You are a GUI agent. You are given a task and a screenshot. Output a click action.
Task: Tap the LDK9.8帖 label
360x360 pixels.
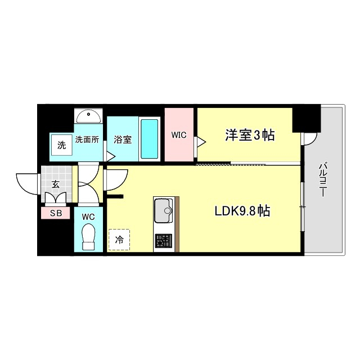coord(242,211)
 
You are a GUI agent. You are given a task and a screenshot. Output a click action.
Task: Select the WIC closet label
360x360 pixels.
coord(179,135)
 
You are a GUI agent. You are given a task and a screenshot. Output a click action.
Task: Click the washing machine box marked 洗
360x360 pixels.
coord(61,144)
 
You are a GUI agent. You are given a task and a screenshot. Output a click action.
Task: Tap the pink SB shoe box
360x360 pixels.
coord(55,213)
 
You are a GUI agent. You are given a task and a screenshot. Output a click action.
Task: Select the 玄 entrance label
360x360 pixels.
coord(56,184)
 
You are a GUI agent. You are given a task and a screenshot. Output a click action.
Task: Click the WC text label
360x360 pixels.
coord(88,216)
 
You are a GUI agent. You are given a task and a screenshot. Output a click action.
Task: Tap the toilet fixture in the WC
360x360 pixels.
coord(89,236)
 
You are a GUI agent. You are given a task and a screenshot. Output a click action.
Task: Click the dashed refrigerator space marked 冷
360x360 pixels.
coord(119,239)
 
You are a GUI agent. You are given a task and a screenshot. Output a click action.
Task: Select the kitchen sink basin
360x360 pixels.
coord(164,210)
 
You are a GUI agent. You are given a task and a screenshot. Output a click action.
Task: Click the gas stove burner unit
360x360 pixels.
coord(164,241)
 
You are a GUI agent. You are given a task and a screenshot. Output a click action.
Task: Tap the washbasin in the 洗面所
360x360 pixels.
coord(88,116)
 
